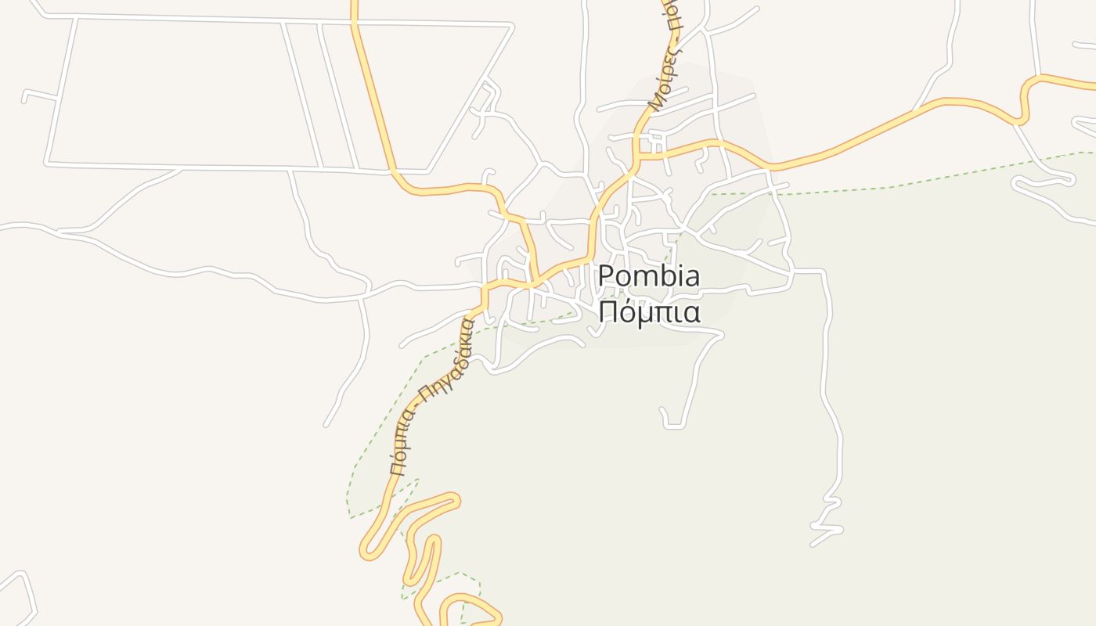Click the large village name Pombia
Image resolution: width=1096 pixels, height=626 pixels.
(649, 276)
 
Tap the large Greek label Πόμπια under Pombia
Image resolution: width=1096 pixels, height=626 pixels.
(649, 311)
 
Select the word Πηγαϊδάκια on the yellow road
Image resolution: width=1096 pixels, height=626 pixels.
(447, 359)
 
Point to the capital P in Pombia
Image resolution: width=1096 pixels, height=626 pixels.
(606, 276)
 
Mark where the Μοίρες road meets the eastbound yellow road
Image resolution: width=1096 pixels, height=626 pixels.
(638, 154)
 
